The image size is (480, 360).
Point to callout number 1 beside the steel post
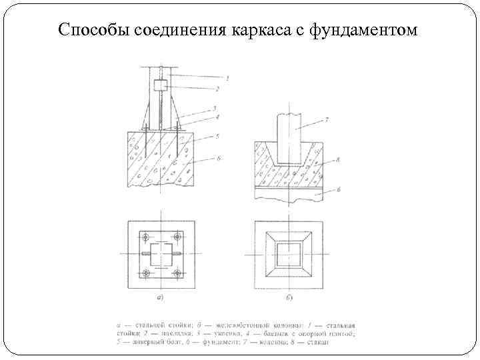coord(227,78)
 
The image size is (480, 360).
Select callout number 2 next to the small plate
coord(227,88)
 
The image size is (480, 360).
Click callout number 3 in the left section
coord(215,108)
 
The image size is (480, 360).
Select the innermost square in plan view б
coord(289,255)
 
